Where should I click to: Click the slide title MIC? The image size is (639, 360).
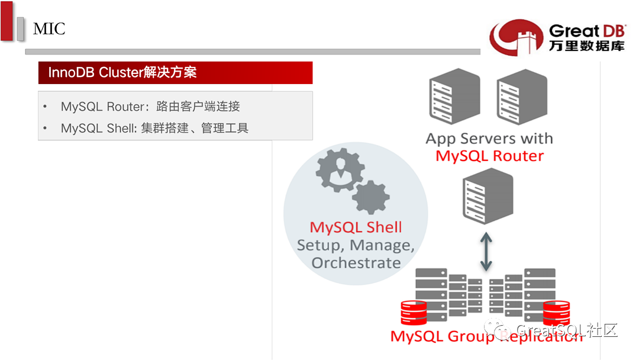point(49,28)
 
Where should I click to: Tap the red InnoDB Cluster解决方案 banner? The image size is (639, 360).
point(175,73)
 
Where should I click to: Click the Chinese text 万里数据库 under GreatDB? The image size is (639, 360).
point(586,46)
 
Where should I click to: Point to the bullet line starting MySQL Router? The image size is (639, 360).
point(150,107)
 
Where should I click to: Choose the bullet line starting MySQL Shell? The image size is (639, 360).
point(154,128)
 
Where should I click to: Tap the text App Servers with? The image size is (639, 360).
point(489,139)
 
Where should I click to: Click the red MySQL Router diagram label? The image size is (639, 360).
point(489,156)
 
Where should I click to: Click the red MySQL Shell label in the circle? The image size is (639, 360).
point(356,227)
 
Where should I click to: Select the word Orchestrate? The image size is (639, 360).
point(356,263)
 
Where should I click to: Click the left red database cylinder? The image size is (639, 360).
point(414,313)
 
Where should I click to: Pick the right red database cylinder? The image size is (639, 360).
point(556,313)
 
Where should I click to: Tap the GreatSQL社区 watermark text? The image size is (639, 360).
point(566,330)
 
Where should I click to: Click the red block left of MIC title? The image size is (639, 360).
point(7,21)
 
